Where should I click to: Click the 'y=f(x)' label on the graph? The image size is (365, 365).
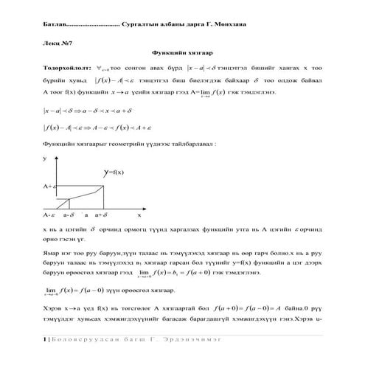pos(114,172)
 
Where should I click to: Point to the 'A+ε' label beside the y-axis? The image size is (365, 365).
pos(50,187)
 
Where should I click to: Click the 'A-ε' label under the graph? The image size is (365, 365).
pos(49,214)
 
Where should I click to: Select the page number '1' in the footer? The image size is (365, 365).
pos(45,338)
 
